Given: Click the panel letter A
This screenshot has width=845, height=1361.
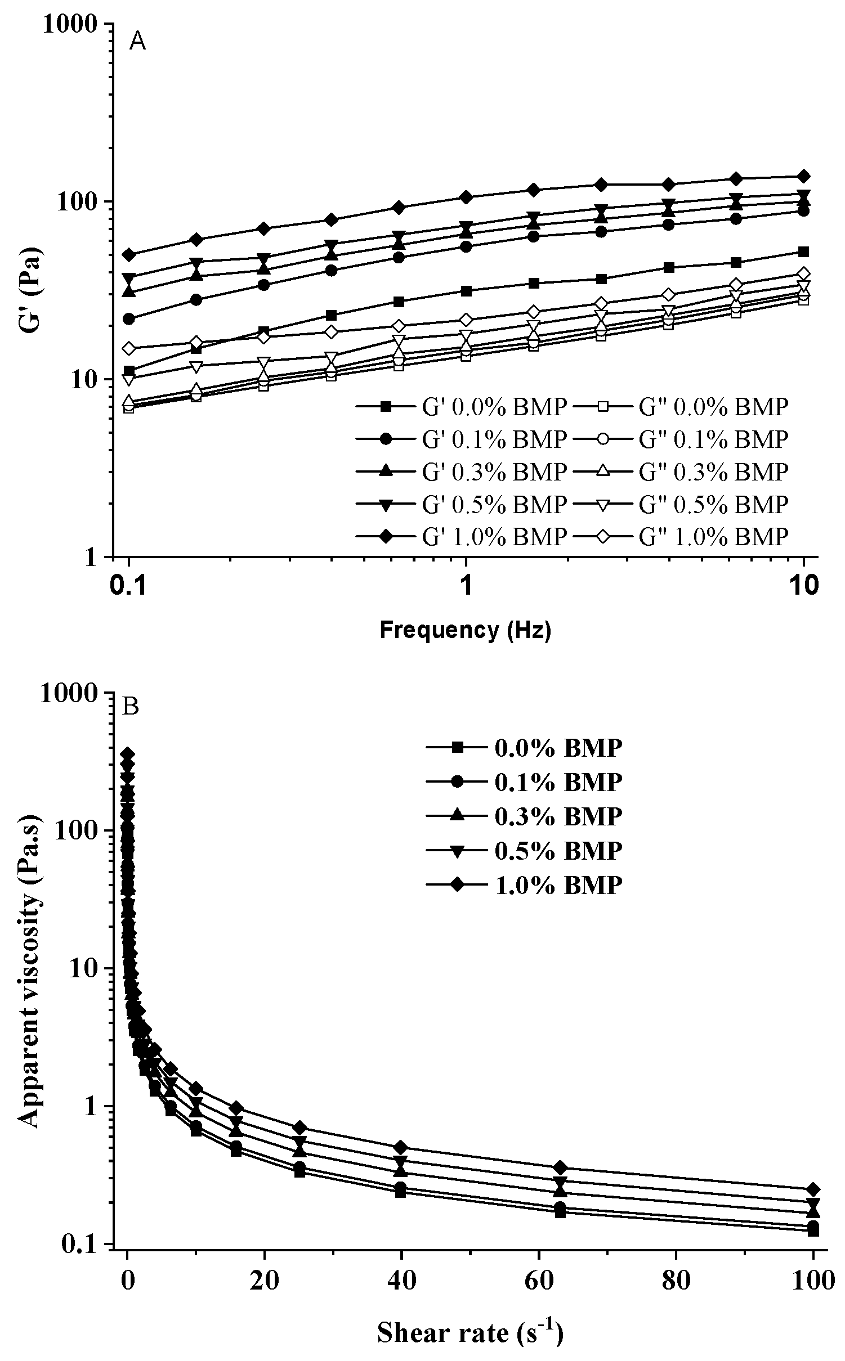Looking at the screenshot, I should (x=137, y=42).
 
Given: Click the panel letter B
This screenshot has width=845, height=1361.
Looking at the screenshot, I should (x=130, y=707).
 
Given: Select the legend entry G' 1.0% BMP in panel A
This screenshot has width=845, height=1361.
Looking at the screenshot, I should (x=462, y=537).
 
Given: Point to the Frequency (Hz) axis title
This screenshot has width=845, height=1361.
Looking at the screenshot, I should (x=466, y=631).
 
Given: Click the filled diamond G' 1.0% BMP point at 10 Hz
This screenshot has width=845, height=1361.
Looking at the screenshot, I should (x=804, y=176).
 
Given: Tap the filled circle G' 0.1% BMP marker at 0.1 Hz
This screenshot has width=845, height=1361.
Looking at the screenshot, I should (x=129, y=318).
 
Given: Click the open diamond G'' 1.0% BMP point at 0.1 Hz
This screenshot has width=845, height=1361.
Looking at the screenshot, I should (x=129, y=348).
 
